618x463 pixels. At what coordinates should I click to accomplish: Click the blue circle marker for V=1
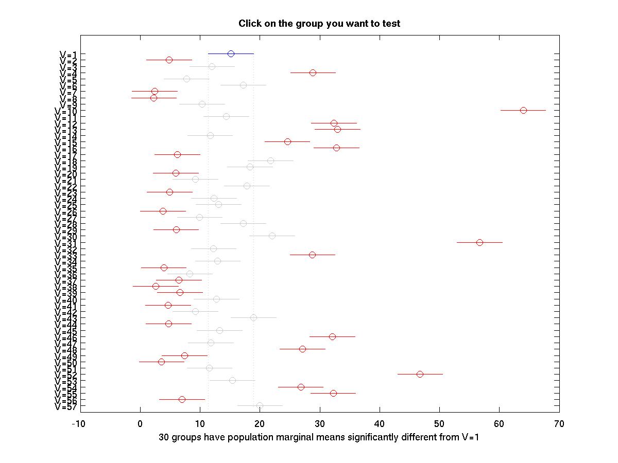(231, 54)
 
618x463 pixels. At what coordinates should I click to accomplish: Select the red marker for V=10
(523, 110)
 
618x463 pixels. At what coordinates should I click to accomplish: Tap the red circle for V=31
(479, 242)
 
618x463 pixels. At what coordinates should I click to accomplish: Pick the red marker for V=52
(420, 374)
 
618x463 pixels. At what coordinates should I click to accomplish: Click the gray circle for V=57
(260, 405)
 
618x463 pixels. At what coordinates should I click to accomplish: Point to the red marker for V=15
(287, 141)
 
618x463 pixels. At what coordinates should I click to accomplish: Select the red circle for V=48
(302, 349)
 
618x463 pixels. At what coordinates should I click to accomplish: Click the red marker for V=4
(313, 73)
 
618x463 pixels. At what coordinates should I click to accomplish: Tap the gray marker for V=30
(272, 236)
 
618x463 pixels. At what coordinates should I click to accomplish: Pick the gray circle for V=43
(253, 317)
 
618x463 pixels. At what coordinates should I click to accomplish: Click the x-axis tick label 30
(320, 424)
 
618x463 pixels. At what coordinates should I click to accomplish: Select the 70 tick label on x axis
(559, 424)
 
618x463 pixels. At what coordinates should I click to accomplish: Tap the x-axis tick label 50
(439, 424)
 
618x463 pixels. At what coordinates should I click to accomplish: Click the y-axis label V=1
(68, 54)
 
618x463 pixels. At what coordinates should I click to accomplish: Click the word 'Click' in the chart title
(249, 24)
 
